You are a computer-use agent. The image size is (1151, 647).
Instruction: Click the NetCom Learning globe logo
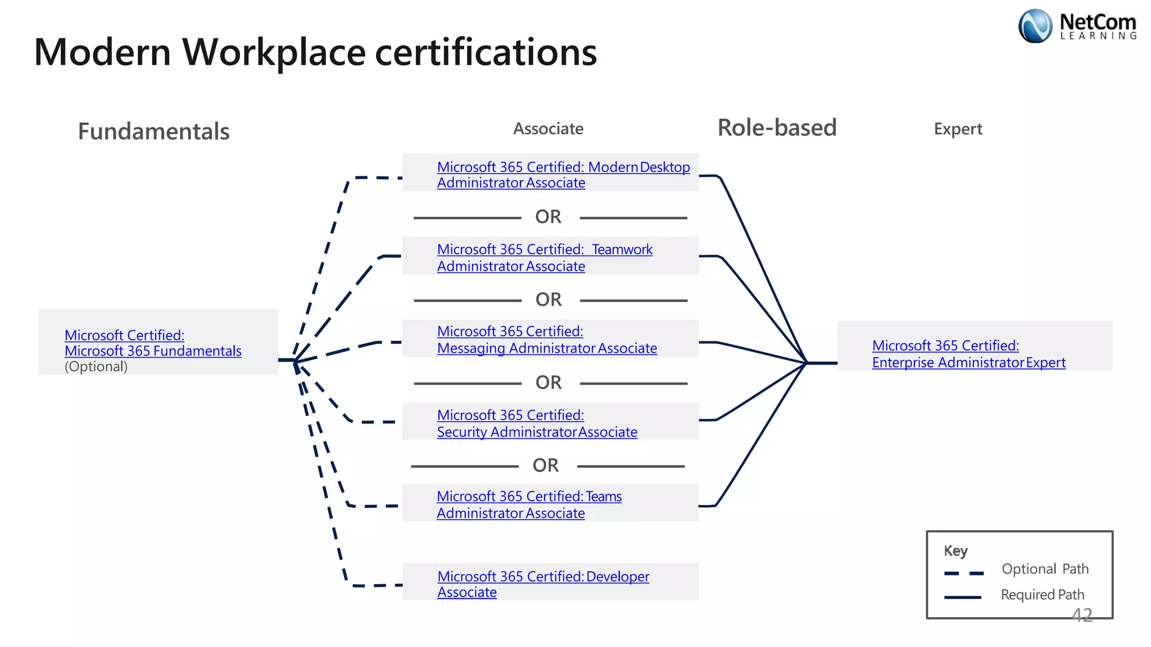click(1035, 26)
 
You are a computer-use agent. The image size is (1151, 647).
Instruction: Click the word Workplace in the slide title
click(274, 52)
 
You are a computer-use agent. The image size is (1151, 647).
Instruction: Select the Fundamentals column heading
click(153, 131)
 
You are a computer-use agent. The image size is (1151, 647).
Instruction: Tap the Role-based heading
click(777, 127)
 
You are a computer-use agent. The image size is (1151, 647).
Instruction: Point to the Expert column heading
click(958, 129)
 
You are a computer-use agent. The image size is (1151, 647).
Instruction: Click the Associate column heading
click(548, 129)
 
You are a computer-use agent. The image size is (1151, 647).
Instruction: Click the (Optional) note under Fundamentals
click(96, 367)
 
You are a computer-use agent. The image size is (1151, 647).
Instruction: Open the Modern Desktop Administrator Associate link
click(563, 175)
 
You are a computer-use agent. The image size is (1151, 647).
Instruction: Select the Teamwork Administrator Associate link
click(544, 257)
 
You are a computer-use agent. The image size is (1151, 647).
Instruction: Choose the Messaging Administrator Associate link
click(546, 340)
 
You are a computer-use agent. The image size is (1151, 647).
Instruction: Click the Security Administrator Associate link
click(537, 423)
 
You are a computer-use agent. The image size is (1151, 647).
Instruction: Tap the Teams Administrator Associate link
click(528, 504)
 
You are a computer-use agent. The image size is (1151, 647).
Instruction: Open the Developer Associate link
click(542, 584)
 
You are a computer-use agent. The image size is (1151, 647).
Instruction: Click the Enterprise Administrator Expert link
click(968, 354)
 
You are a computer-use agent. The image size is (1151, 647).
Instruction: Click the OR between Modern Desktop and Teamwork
click(548, 217)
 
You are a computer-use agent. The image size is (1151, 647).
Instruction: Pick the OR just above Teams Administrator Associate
click(545, 466)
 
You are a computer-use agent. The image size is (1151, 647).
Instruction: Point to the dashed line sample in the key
click(963, 573)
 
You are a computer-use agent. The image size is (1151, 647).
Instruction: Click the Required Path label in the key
click(1042, 595)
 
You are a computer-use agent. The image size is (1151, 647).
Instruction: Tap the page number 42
click(1081, 616)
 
